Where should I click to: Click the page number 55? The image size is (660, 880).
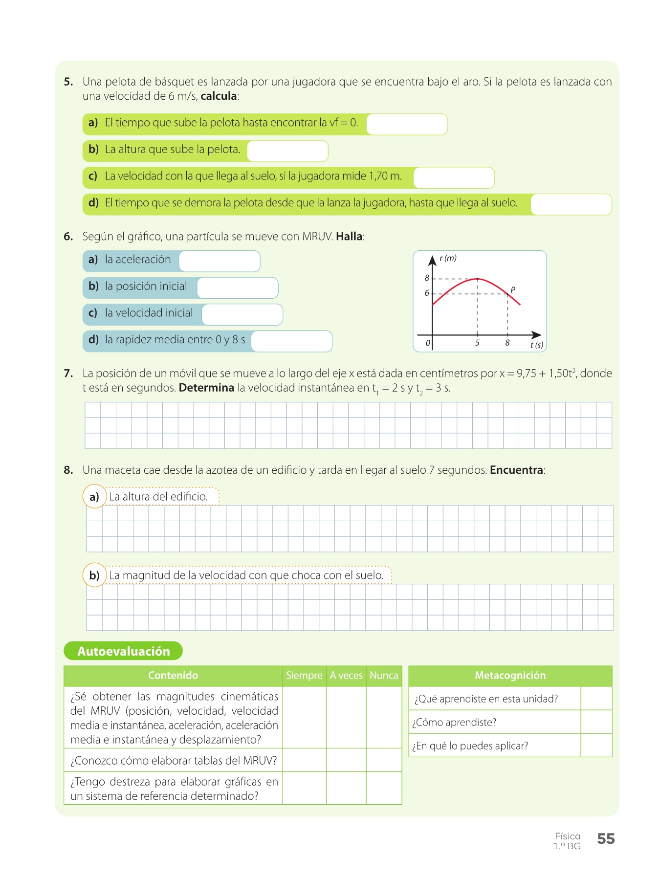point(606,839)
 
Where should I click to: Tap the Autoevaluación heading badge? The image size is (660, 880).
point(123,651)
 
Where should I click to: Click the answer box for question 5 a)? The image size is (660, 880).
point(407,124)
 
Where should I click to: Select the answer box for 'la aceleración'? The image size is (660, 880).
point(220,261)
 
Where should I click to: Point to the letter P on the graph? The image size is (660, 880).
point(513,290)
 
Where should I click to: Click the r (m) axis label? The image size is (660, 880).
point(448,258)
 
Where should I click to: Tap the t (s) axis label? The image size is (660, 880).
point(536,345)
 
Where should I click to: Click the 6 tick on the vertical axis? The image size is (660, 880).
point(427,293)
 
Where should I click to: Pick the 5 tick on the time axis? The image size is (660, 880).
point(477,343)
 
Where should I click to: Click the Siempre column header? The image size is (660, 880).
point(304,676)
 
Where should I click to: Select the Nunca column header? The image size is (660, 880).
point(384,676)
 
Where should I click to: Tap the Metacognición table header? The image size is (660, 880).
point(510,676)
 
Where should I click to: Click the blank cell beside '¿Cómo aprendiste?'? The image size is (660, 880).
point(596,722)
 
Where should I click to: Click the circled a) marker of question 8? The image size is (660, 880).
point(94,497)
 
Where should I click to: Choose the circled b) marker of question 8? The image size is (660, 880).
point(94,575)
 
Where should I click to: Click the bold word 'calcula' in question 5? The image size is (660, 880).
point(219,96)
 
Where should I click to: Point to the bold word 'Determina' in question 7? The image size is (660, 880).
point(206,388)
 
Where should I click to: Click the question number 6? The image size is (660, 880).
point(68,237)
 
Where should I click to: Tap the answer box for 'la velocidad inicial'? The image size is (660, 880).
point(242,315)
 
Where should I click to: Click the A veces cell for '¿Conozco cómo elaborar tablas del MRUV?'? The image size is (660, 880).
point(346,760)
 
